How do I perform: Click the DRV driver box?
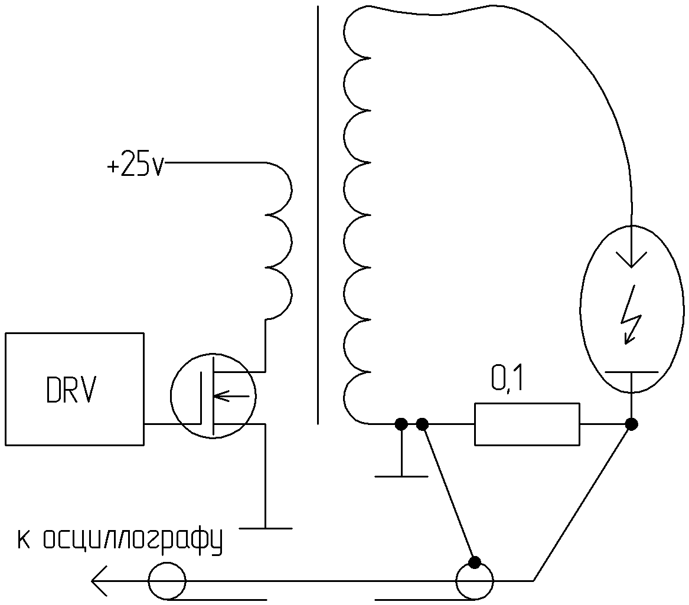click(74, 388)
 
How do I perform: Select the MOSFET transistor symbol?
click(213, 395)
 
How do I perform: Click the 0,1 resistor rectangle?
click(527, 423)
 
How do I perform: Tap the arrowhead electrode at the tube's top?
click(631, 260)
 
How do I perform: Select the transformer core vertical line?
click(318, 215)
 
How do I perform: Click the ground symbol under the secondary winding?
click(401, 475)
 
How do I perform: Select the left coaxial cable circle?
click(166, 581)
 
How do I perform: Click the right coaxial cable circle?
click(475, 581)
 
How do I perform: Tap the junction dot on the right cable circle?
click(474, 561)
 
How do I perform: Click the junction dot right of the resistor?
click(631, 424)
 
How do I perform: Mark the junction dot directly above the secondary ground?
click(401, 424)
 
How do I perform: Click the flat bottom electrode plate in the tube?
click(631, 372)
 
